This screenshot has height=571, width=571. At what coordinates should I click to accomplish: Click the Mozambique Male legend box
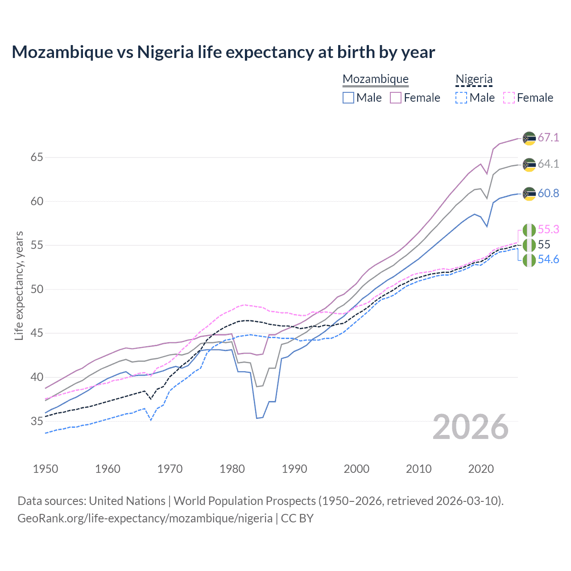click(x=348, y=98)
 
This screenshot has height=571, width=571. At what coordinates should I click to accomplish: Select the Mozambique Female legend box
click(x=396, y=98)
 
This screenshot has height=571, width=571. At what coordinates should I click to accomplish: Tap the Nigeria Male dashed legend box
click(x=461, y=98)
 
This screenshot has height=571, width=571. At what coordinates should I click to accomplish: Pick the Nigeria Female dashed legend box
click(x=509, y=98)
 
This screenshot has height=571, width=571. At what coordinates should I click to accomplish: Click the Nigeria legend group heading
click(x=474, y=79)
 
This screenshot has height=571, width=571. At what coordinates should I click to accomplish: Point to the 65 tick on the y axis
click(x=37, y=157)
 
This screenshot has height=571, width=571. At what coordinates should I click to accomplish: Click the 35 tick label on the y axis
click(x=37, y=421)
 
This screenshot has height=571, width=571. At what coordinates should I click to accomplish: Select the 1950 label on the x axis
click(x=46, y=469)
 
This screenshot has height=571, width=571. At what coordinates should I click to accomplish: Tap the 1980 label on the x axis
click(x=232, y=469)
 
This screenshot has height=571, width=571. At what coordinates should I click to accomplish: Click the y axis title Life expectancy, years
click(x=19, y=285)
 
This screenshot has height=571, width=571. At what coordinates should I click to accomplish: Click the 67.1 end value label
click(x=548, y=137)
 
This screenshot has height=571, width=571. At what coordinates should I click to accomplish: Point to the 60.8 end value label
click(x=548, y=193)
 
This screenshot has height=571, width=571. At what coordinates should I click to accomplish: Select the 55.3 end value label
click(x=548, y=229)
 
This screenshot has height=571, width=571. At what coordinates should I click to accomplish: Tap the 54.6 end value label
click(x=548, y=260)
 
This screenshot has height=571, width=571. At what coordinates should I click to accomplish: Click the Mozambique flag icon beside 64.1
click(x=529, y=164)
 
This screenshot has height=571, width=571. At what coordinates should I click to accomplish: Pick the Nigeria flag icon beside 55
click(x=529, y=245)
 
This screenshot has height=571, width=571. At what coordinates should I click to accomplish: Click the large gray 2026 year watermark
click(x=470, y=427)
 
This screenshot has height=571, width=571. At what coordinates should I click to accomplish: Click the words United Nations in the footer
click(x=127, y=501)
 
